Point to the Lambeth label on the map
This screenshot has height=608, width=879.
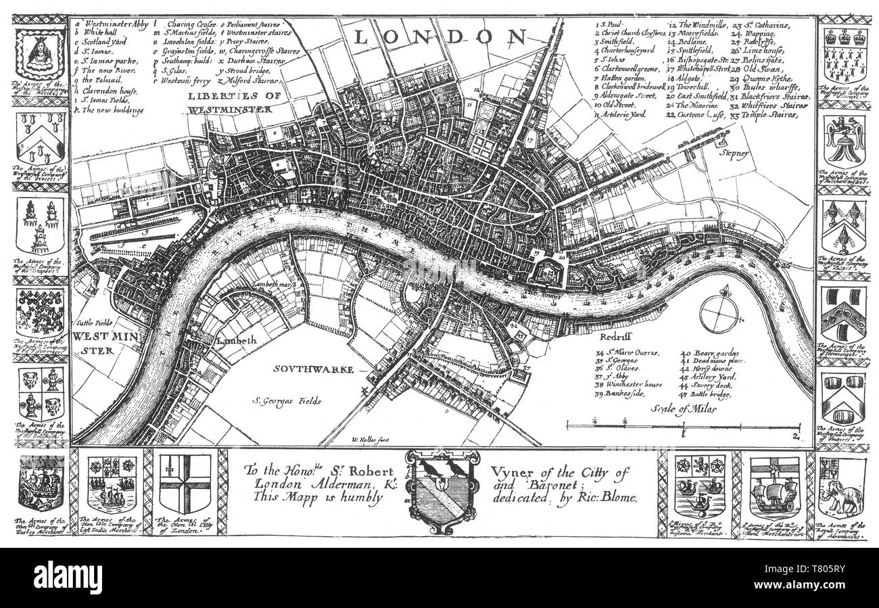click(237, 342)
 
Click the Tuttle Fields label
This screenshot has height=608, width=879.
click(93, 323)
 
